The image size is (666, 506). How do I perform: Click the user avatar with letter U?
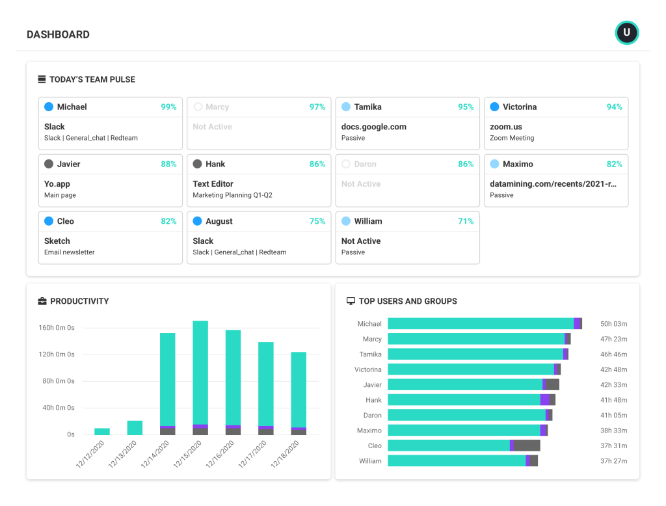tap(626, 33)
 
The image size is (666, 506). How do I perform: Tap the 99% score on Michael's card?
tap(168, 107)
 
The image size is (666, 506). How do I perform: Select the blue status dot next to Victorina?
tap(494, 107)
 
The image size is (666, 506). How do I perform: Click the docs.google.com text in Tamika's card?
tap(373, 127)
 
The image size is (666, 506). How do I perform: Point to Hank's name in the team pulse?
tap(215, 164)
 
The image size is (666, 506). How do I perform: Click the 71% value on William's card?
tap(466, 221)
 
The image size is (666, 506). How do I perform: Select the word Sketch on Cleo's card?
tap(57, 241)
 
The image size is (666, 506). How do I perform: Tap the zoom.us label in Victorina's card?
tap(506, 127)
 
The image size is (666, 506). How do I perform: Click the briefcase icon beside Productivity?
tap(42, 301)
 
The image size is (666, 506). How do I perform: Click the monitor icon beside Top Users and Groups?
tap(351, 301)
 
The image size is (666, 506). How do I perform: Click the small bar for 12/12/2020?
tap(102, 431)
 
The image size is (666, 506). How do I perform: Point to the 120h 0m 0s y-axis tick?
tap(57, 354)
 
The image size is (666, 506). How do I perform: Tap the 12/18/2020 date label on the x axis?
tap(286, 453)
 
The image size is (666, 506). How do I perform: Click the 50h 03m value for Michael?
tap(613, 324)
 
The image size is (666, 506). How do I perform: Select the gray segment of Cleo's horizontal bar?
tap(527, 446)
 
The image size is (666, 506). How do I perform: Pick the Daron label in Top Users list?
tap(372, 415)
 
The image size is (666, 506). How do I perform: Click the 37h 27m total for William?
tap(613, 461)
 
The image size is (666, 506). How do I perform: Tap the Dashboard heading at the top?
tap(58, 34)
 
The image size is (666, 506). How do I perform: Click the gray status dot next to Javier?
tap(49, 164)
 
